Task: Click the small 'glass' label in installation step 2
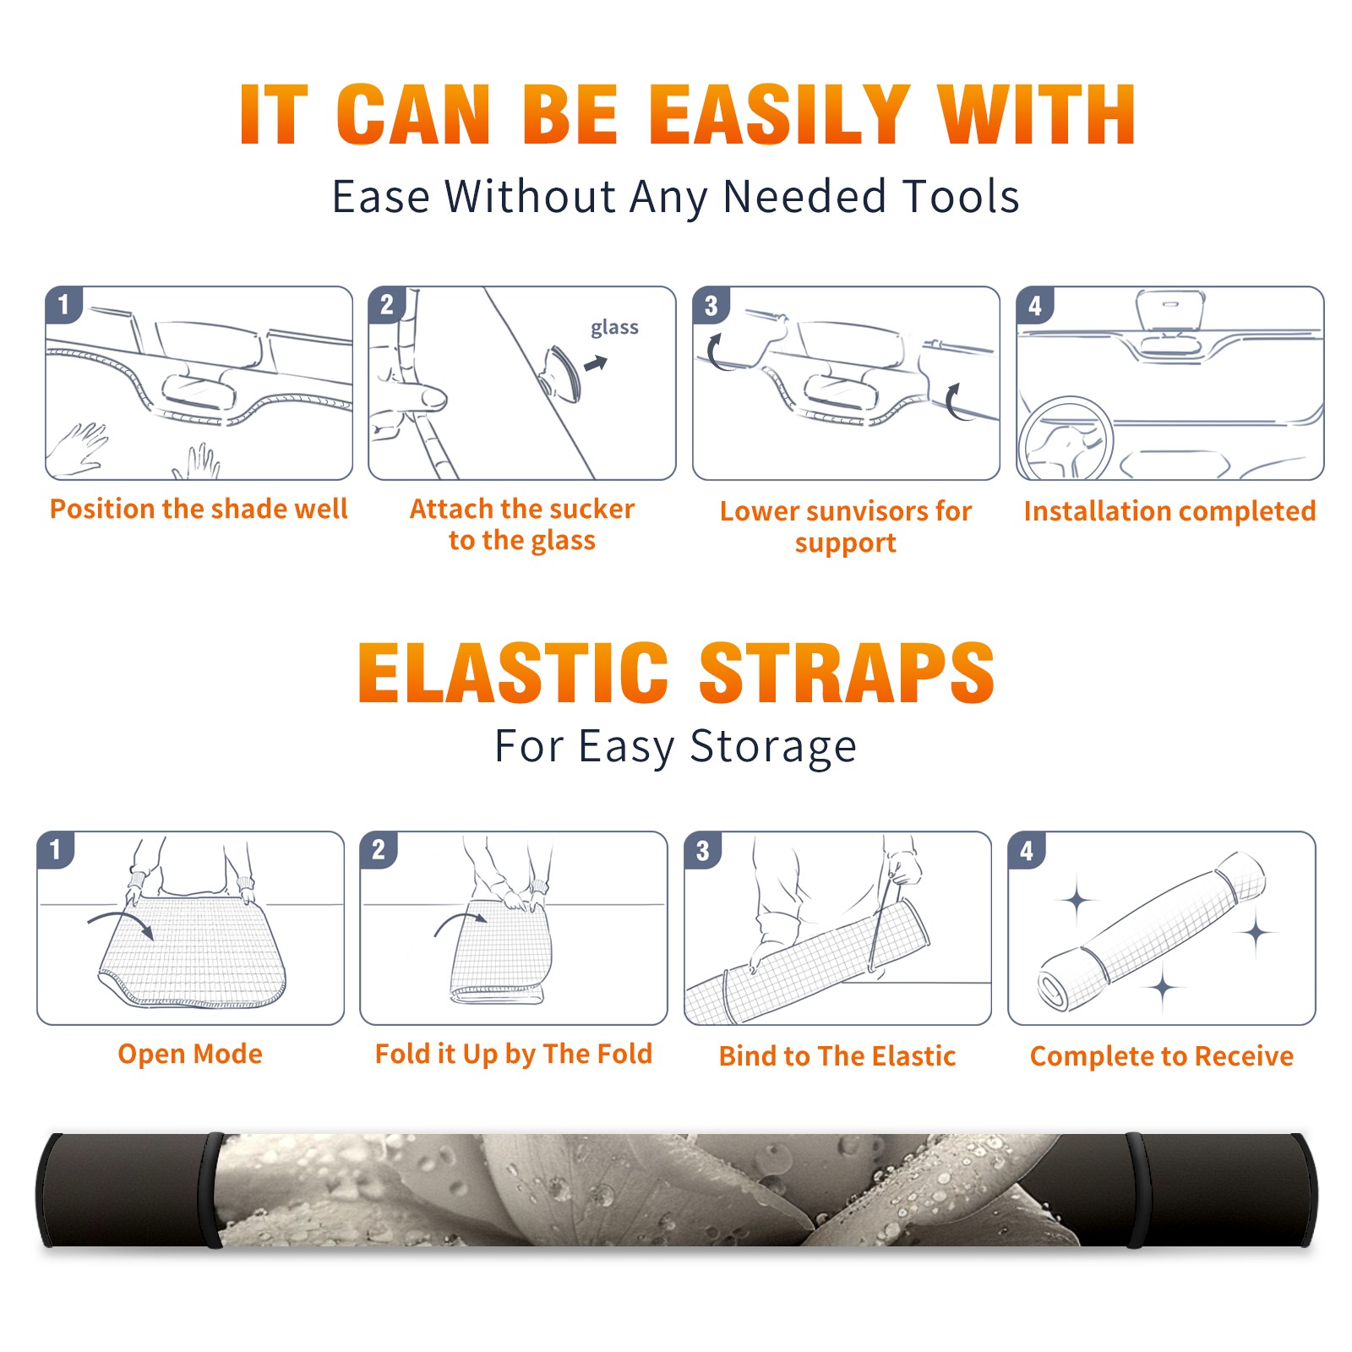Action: pyautogui.click(x=614, y=328)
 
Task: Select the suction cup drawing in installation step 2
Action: pyautogui.click(x=562, y=373)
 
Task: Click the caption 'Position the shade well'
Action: pyautogui.click(x=199, y=509)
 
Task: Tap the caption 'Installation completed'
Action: pyautogui.click(x=1169, y=511)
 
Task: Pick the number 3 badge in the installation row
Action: pyautogui.click(x=711, y=305)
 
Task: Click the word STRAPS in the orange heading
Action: pyautogui.click(x=847, y=673)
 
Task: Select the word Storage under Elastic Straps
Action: pyautogui.click(x=773, y=747)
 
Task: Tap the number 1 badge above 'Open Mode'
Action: pyautogui.click(x=56, y=850)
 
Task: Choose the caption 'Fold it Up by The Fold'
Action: pyautogui.click(x=514, y=1054)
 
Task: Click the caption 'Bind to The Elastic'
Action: pyautogui.click(x=837, y=1056)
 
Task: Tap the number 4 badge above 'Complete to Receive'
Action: pyautogui.click(x=1027, y=850)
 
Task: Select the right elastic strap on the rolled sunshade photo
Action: pyautogui.click(x=1137, y=1190)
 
